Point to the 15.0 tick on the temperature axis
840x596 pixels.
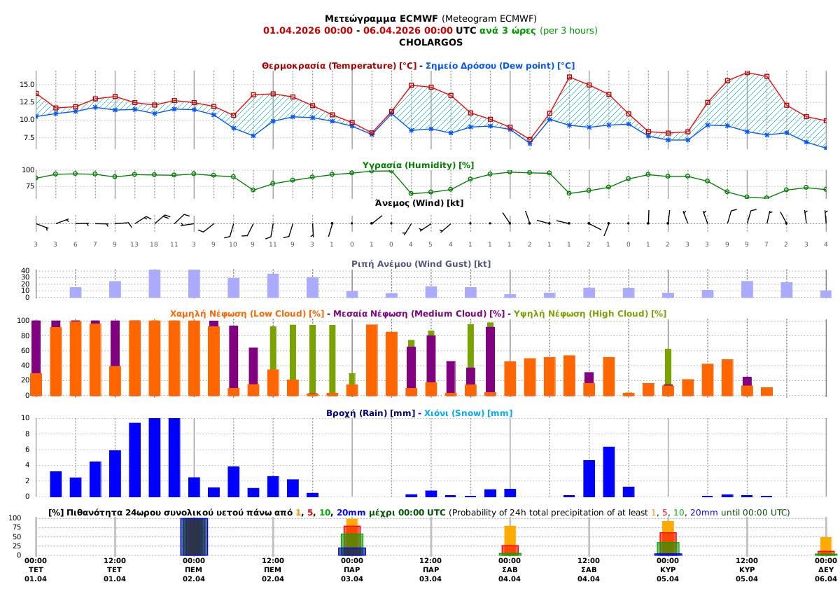point(27,85)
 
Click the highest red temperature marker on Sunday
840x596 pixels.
point(747,73)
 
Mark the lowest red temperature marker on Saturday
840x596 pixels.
point(530,139)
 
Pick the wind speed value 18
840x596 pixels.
point(154,244)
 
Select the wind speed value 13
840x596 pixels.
point(134,244)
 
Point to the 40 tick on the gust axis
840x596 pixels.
point(26,271)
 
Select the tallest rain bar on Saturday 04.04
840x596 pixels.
point(609,471)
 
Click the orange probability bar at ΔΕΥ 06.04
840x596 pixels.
point(826,543)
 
